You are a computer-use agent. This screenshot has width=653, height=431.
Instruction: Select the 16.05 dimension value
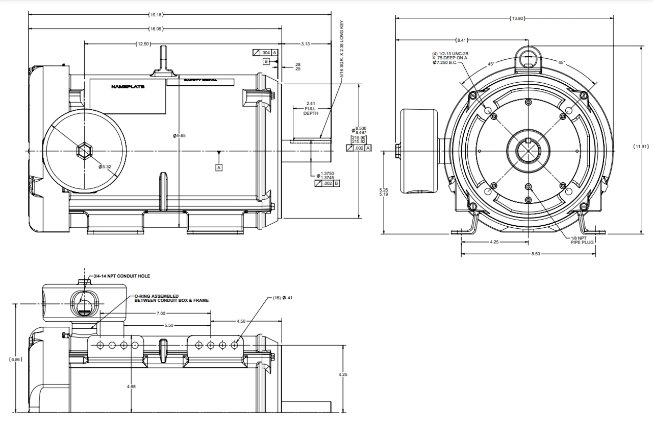click(x=156, y=29)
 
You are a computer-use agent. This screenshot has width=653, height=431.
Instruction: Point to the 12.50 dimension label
click(x=143, y=44)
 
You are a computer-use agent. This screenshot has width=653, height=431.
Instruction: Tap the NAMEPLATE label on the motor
click(x=128, y=87)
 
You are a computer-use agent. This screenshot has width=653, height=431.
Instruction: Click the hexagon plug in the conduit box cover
click(x=85, y=151)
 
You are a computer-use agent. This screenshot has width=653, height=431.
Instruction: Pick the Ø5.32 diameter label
click(x=105, y=166)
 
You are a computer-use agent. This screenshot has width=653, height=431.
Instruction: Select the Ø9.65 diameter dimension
click(x=179, y=135)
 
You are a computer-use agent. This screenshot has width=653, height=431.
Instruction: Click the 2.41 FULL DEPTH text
click(x=311, y=108)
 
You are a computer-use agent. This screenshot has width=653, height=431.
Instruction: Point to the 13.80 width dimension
click(x=517, y=18)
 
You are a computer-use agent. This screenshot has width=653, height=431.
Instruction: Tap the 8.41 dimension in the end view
click(x=461, y=40)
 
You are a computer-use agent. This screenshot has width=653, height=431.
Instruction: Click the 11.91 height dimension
click(x=641, y=147)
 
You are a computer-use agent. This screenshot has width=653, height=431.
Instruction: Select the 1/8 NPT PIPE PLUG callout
click(x=580, y=240)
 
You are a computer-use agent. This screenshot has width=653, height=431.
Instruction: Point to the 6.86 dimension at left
click(x=16, y=360)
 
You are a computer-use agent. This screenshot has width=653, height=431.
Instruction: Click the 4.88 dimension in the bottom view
click(x=131, y=387)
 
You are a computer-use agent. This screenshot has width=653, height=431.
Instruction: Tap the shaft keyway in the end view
click(x=529, y=141)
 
